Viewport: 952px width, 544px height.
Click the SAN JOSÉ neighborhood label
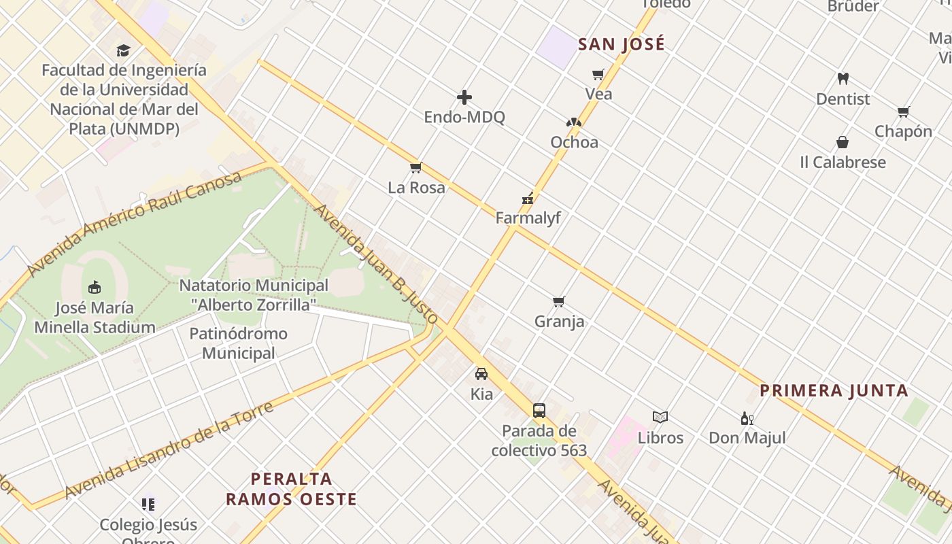[x=621, y=45]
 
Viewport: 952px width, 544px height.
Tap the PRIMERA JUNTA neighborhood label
[x=834, y=391]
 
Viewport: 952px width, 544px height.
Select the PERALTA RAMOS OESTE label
[x=291, y=489]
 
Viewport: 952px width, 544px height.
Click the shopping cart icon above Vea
[x=598, y=74]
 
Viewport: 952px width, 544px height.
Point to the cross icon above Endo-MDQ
[x=464, y=97]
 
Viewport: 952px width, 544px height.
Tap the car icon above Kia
[x=481, y=374]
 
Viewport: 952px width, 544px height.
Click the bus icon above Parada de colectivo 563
[x=539, y=411]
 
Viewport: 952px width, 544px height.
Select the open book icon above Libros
[x=660, y=418]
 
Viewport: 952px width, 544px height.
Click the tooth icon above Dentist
[x=843, y=79]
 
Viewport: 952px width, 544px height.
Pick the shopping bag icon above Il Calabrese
[x=843, y=142]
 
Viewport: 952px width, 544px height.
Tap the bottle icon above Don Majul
[x=747, y=419]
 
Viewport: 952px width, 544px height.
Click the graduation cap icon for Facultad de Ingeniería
[x=123, y=50]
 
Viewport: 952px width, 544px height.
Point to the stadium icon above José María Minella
[x=95, y=288]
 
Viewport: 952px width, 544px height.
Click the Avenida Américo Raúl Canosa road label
[x=135, y=223]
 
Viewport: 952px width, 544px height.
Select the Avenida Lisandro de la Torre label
[x=169, y=450]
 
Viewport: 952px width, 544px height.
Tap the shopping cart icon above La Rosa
[x=416, y=168]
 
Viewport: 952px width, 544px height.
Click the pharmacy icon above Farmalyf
[x=528, y=199]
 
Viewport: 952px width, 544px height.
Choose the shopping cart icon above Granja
[x=559, y=301]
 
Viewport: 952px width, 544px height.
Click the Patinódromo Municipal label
[x=238, y=343]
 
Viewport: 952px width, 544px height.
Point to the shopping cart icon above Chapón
[x=903, y=112]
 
